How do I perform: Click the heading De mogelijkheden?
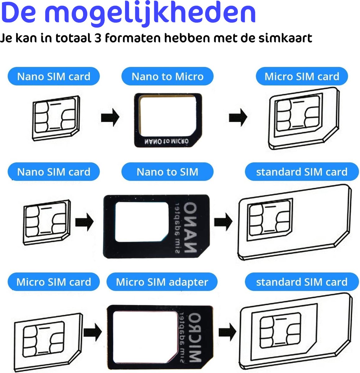(x=128, y=14)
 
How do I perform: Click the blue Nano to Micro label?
(x=167, y=76)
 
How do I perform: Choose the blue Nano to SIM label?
(x=167, y=172)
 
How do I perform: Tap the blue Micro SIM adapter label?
(x=162, y=282)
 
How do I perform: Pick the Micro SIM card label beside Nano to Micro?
(x=302, y=76)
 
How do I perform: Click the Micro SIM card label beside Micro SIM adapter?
(x=53, y=282)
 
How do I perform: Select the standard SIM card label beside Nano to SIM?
(x=302, y=172)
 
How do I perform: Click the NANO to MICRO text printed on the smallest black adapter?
(x=166, y=141)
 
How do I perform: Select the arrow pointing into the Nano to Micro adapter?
(x=110, y=117)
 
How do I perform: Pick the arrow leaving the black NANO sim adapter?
(x=223, y=222)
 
